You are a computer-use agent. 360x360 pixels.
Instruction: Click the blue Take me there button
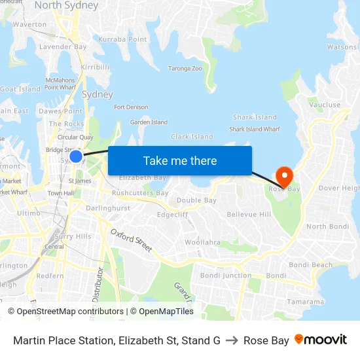180,160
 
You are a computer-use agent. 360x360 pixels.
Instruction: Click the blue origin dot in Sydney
76,156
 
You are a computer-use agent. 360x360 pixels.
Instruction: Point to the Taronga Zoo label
185,68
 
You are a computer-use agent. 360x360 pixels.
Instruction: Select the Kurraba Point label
122,39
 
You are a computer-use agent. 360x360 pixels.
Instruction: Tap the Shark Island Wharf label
255,129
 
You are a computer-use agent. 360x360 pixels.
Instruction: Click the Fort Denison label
131,107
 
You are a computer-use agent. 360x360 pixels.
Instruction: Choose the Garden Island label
149,122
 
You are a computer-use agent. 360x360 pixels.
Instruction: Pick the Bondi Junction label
225,276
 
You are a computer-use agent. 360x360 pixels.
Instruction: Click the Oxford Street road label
131,240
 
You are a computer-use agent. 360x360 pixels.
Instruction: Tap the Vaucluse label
325,105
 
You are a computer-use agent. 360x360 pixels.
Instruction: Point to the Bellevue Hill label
249,214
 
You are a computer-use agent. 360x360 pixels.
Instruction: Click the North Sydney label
66,6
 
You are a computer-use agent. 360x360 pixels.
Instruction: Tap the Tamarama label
306,302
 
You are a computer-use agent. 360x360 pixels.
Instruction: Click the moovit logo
321,340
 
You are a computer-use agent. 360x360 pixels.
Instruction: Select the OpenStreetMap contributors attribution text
65,312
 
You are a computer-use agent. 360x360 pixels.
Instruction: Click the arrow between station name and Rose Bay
232,340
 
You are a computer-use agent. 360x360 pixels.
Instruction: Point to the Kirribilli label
94,67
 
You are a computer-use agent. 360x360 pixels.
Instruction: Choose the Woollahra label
202,242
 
